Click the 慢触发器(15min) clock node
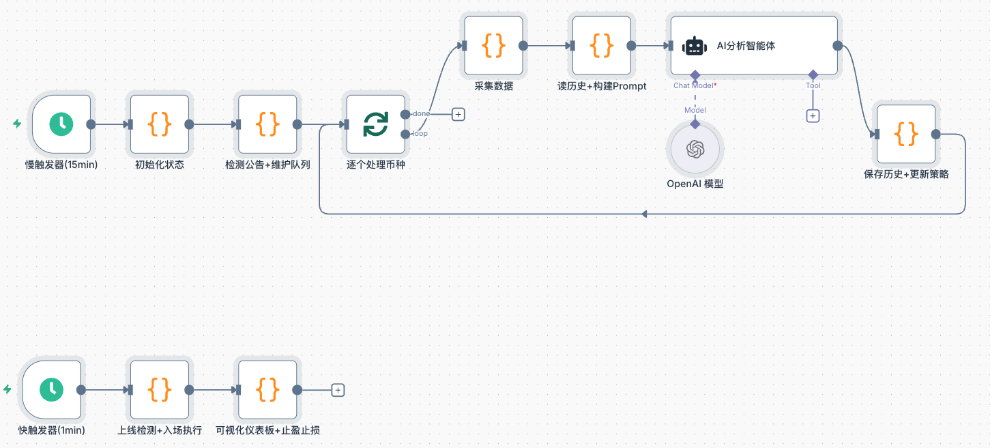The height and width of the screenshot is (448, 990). pyautogui.click(x=61, y=124)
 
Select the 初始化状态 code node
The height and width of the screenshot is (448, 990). pyautogui.click(x=160, y=124)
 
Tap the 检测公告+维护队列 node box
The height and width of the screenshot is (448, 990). pyautogui.click(x=267, y=124)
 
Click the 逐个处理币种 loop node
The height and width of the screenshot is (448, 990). pyautogui.click(x=375, y=124)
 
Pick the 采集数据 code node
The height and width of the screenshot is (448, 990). pyautogui.click(x=493, y=46)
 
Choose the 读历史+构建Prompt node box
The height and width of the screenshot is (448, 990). pyautogui.click(x=601, y=46)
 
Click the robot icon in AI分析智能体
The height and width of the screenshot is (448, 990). pyautogui.click(x=695, y=46)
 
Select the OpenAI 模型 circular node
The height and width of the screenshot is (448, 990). pyautogui.click(x=695, y=149)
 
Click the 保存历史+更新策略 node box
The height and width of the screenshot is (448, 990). pyautogui.click(x=906, y=135)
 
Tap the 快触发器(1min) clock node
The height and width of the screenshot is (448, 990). pyautogui.click(x=51, y=390)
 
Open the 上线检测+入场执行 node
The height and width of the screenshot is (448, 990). pyautogui.click(x=160, y=390)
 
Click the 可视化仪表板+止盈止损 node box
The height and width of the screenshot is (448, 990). pyautogui.click(x=267, y=390)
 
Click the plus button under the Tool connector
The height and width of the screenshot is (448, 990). pyautogui.click(x=813, y=116)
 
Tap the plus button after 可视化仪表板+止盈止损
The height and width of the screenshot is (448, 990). pyautogui.click(x=338, y=390)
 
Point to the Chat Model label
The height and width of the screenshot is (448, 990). pyautogui.click(x=694, y=86)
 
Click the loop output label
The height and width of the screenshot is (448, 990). pyautogui.click(x=420, y=133)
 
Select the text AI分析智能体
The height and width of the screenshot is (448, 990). pyautogui.click(x=746, y=46)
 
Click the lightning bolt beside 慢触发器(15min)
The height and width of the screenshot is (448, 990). pyautogui.click(x=17, y=124)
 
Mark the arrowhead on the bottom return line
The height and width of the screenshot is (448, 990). pyautogui.click(x=644, y=214)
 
